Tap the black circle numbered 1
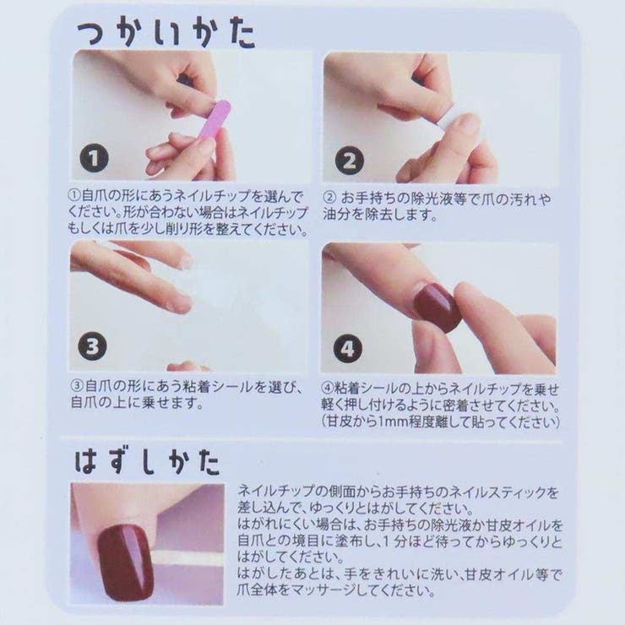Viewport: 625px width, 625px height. [x=95, y=158]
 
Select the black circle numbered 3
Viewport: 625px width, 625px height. [x=95, y=345]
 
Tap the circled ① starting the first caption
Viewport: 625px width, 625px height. [x=74, y=195]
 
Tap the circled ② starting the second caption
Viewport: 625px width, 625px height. [x=329, y=198]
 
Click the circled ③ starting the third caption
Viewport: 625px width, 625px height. [x=75, y=387]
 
